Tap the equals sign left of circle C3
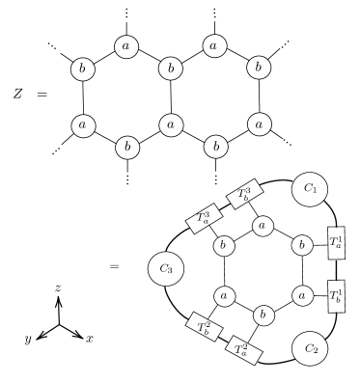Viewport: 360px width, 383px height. pyautogui.click(x=116, y=262)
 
